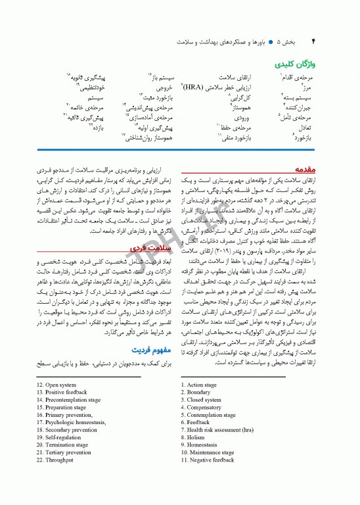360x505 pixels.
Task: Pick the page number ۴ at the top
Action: tap(313, 40)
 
